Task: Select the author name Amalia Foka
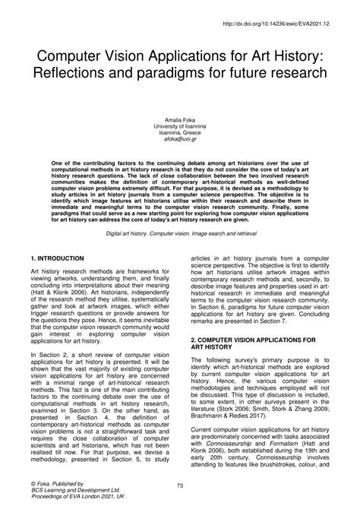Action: [180, 121]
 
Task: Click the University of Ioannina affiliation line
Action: [180, 128]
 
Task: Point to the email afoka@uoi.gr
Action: [180, 141]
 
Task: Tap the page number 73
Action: [180, 485]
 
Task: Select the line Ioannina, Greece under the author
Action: [180, 134]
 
